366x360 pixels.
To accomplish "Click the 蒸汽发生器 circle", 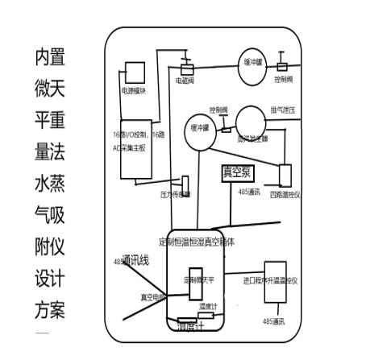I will tap(251, 121).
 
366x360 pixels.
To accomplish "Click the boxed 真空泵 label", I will tap(238, 172).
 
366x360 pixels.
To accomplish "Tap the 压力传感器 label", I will tap(176, 195).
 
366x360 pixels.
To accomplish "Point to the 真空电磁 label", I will tap(152, 296).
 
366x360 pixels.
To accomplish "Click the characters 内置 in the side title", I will tap(49, 57).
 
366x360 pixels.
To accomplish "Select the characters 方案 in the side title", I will tap(49, 309).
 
